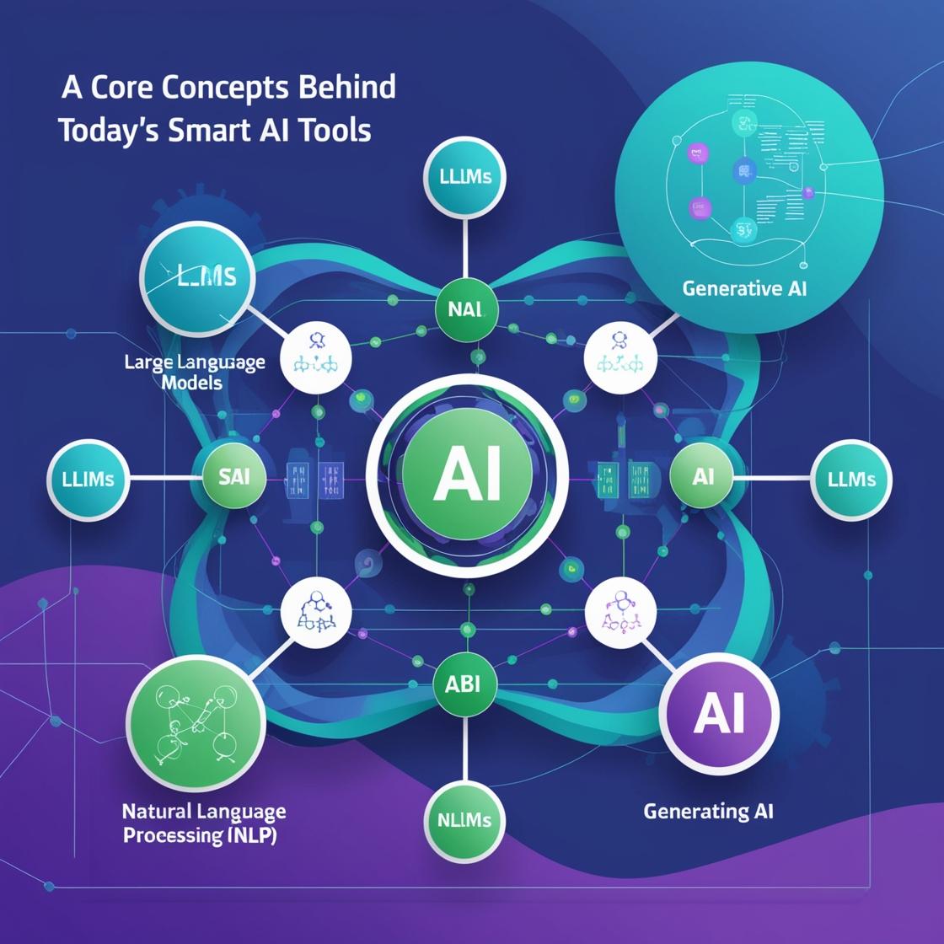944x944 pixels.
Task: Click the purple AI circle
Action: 719,714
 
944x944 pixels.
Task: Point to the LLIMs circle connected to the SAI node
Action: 88,479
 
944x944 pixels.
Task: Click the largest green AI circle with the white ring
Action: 466,475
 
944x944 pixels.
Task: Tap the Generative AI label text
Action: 744,288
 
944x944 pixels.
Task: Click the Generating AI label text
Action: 708,812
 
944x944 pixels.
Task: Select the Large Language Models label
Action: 194,372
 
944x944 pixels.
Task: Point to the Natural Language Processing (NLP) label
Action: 203,823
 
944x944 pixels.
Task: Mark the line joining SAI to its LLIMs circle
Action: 164,478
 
